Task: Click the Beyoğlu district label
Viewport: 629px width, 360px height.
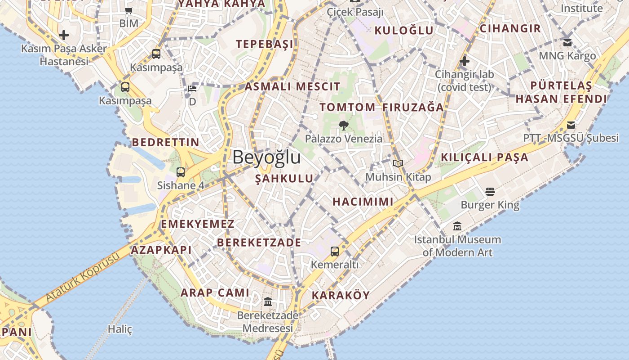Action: click(x=266, y=157)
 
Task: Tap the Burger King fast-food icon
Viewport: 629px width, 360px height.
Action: click(x=490, y=192)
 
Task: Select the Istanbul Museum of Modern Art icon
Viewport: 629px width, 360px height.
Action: click(x=457, y=226)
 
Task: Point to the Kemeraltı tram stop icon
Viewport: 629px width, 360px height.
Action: click(x=335, y=252)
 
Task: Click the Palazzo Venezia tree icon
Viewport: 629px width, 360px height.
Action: click(x=344, y=126)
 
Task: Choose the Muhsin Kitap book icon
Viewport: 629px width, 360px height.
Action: click(x=398, y=164)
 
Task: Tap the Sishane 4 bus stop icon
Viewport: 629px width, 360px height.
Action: click(x=181, y=172)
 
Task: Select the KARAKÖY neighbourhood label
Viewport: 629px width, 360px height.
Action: click(x=341, y=296)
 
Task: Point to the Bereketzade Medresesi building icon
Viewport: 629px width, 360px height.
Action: click(x=268, y=301)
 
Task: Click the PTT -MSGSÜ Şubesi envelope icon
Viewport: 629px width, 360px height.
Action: click(x=571, y=125)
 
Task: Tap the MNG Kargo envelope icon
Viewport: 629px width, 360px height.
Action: click(x=567, y=43)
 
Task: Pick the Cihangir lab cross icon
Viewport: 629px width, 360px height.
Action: click(x=465, y=61)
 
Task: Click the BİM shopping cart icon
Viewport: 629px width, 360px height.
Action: click(x=129, y=10)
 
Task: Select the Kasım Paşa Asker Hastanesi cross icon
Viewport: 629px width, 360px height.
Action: click(x=64, y=35)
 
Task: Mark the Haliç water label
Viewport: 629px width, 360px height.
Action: click(x=120, y=329)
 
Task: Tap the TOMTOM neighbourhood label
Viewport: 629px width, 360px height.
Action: click(x=347, y=107)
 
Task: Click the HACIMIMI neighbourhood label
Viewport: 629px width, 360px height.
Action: click(x=363, y=202)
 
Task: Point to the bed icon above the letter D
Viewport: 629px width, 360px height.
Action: click(x=192, y=88)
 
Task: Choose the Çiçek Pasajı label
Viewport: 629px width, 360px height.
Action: click(x=355, y=12)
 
